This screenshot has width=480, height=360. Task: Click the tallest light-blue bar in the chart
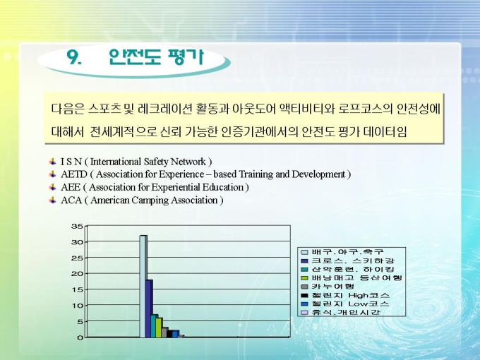143,286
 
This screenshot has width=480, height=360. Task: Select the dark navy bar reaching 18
149,308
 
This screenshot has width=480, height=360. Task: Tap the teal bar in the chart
155,326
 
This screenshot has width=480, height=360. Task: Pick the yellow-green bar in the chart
160,328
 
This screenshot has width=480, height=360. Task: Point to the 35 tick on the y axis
77,226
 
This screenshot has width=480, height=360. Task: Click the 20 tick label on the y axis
77,274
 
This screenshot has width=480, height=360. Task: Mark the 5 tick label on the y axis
80,321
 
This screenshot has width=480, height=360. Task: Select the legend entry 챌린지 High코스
345,295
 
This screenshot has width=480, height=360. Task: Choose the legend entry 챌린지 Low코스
345,304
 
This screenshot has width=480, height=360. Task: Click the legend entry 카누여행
328,287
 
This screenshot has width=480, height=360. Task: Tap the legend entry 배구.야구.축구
342,252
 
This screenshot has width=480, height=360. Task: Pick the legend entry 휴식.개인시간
340,313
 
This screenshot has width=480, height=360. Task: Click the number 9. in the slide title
74,56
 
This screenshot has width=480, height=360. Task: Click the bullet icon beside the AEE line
53,187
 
